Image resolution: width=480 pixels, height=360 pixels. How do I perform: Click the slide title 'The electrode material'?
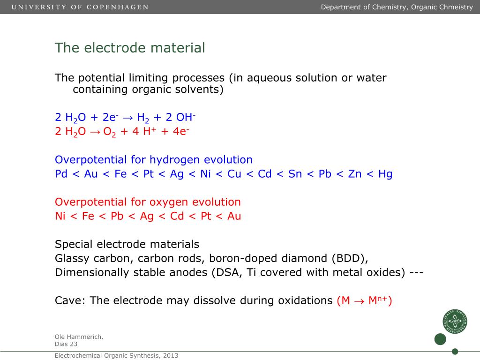point(130,48)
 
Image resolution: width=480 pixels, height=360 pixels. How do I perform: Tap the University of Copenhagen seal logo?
point(454,322)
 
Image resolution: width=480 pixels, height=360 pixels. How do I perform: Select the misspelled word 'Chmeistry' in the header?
point(456,7)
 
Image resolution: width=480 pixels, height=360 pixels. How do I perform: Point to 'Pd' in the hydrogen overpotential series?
point(61,174)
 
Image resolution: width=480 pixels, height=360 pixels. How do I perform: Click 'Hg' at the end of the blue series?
point(385,174)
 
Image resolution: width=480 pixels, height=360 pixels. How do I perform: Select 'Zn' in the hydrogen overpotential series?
point(355,174)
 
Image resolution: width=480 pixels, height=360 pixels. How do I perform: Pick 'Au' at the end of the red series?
point(234,217)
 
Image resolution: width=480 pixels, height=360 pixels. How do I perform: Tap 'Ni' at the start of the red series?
point(60,217)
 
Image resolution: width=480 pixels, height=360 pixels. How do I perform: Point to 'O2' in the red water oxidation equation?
point(109,132)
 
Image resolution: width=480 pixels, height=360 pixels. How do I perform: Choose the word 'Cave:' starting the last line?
point(70,301)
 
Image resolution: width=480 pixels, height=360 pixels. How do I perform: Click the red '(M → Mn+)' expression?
point(364,301)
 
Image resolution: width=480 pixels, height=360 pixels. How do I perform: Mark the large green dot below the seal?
point(440,339)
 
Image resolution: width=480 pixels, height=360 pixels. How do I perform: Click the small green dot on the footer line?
point(455,351)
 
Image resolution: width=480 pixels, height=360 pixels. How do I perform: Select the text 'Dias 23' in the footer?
point(66,344)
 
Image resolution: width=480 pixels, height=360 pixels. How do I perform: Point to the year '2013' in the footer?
point(170,356)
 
